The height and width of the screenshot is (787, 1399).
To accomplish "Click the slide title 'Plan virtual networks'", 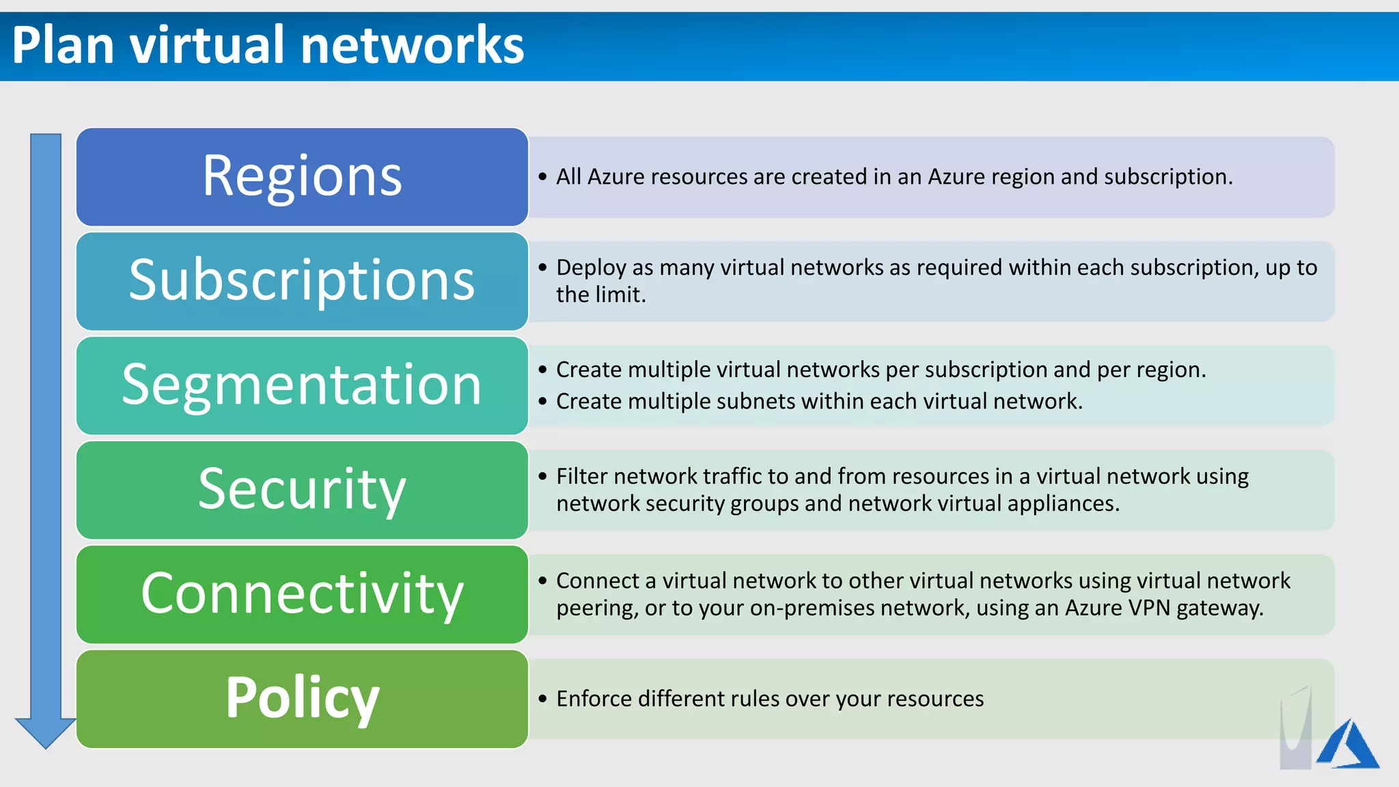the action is tap(268, 45).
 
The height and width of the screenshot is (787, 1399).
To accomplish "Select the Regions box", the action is tap(302, 176).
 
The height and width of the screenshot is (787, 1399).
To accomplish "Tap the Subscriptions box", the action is tap(302, 281).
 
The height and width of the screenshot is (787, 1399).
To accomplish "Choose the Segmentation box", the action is tap(302, 385).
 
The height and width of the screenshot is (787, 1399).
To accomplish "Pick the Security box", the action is tap(302, 490).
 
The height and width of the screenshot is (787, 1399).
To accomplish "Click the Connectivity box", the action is tap(302, 594).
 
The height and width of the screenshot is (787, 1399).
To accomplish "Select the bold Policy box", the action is tap(302, 698).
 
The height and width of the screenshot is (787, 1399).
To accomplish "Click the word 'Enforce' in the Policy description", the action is tap(594, 699).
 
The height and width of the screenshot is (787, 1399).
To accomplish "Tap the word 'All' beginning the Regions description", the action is tap(568, 177).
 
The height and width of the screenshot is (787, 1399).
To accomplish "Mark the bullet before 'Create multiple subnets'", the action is tap(542, 401).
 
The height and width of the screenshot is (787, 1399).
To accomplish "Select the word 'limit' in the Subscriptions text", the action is tap(620, 295).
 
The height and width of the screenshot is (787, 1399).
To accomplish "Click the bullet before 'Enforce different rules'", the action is tap(542, 699).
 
